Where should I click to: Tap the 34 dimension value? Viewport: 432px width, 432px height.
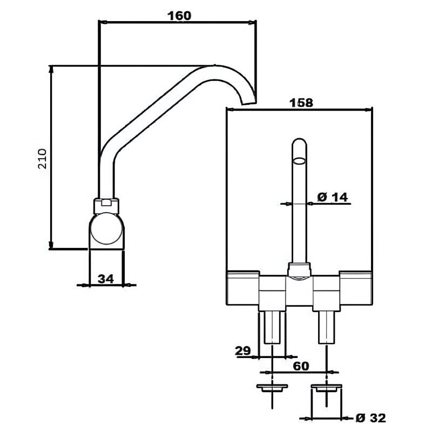106,279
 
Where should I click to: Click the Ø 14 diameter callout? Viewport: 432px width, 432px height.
333,197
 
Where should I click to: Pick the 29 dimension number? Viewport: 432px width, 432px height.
243,350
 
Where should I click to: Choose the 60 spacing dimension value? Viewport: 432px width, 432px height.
301,366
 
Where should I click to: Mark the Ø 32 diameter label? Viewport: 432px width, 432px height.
371,417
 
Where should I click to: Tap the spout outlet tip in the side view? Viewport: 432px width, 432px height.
249,102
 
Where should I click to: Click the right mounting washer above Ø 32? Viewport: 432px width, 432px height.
326,388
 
